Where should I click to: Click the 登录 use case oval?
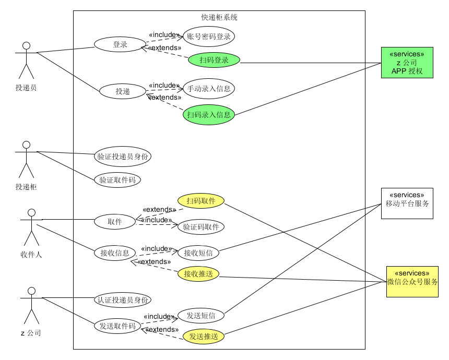(120, 44)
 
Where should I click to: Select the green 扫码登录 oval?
(214, 60)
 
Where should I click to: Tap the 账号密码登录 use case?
(208, 37)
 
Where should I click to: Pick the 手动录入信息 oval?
(208, 89)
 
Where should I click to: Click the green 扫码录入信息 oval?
(208, 114)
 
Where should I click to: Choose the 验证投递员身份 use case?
(123, 156)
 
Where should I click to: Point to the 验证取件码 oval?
(117, 180)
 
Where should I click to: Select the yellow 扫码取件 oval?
(200, 201)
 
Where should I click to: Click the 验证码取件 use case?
(201, 227)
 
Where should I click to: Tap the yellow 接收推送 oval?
(198, 273)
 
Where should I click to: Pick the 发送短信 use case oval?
(201, 315)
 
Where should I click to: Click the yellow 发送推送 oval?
(203, 336)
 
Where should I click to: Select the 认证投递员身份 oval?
(123, 300)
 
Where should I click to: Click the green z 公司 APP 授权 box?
(407, 62)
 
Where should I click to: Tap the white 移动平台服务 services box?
(407, 203)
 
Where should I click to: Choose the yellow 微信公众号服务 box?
(412, 281)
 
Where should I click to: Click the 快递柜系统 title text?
(219, 17)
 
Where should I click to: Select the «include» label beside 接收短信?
(157, 248)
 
